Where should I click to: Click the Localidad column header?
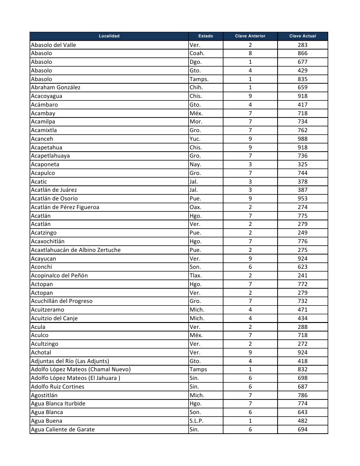tap(109, 36)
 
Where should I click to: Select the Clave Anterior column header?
tap(250, 36)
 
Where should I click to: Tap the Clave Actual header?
tap(302, 36)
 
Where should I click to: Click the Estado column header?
tap(205, 36)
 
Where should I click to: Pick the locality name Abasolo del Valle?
tap(53, 45)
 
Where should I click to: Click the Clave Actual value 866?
tap(302, 53)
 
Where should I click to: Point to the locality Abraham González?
tap(56, 87)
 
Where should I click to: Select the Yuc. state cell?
tap(195, 139)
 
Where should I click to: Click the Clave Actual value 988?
tap(302, 139)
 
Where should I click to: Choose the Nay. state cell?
tap(195, 164)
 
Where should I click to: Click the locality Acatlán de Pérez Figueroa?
tap(65, 207)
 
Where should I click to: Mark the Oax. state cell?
tap(195, 207)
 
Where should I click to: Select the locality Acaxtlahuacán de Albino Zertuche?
tap(76, 250)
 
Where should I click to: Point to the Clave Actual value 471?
tap(302, 310)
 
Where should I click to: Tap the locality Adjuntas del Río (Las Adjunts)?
tap(70, 361)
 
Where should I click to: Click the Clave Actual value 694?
tap(302, 430)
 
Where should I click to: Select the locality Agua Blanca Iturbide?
tap(58, 404)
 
